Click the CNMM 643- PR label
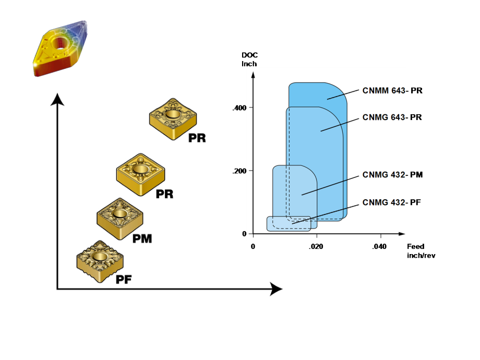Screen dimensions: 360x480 click(x=392, y=90)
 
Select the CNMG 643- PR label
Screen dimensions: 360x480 click(x=392, y=117)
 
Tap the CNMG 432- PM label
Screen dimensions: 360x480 click(x=392, y=174)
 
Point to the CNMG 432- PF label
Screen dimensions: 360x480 click(x=392, y=203)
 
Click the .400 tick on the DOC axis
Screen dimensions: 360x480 click(x=239, y=108)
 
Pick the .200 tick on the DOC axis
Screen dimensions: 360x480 click(x=239, y=171)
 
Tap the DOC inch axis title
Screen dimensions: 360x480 click(x=250, y=59)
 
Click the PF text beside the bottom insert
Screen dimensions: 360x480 click(x=124, y=280)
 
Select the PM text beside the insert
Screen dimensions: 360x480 click(x=142, y=239)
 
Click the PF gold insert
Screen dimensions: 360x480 click(x=99, y=259)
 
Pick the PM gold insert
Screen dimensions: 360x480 click(x=119, y=217)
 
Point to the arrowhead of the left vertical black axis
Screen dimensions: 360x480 click(x=57, y=99)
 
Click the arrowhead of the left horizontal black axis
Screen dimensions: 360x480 click(x=275, y=289)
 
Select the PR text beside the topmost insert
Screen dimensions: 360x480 click(x=197, y=138)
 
